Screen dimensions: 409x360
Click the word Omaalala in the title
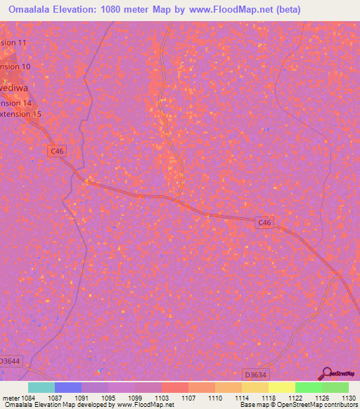click(x=29, y=10)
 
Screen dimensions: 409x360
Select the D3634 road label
click(x=256, y=374)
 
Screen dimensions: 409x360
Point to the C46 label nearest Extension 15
click(x=57, y=150)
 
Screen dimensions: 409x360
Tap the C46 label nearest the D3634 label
click(x=264, y=223)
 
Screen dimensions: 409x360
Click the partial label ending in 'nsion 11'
click(x=13, y=43)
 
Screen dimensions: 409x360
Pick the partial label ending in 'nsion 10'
click(x=15, y=66)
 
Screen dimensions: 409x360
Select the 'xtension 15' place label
click(x=20, y=114)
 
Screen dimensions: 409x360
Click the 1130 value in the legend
click(x=347, y=398)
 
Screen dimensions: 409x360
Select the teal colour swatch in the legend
click(x=41, y=387)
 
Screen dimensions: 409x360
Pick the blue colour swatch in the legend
click(x=68, y=387)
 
